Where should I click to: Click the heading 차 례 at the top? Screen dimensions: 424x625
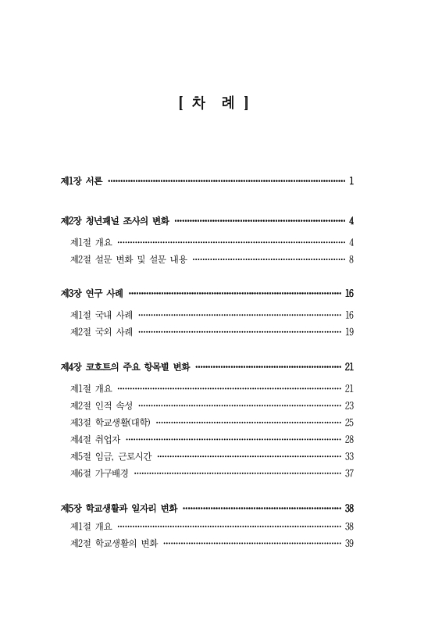coord(212,102)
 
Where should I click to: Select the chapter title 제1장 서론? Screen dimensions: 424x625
coord(81,181)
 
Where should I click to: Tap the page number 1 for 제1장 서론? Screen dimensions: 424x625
coord(352,181)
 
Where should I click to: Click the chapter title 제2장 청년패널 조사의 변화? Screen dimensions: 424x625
coord(115,220)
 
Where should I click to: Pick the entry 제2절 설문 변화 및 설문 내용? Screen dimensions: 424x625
coord(128,259)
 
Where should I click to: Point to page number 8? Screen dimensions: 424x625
coord(352,259)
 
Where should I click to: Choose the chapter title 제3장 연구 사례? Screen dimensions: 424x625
coord(91,294)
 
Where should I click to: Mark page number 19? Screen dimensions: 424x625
coord(349,332)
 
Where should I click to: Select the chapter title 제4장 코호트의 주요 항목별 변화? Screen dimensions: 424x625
coord(125,366)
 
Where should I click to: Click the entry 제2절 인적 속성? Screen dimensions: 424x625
coord(101,405)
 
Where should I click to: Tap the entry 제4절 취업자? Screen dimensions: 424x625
coord(96,439)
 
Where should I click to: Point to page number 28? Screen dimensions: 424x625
coord(349,439)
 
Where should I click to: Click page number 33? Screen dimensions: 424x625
coord(349,456)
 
